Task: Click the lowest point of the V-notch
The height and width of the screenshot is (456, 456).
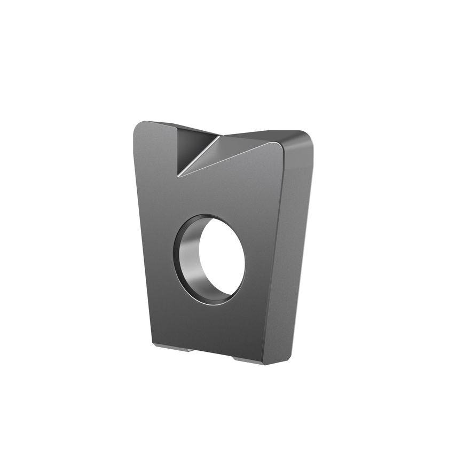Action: point(178,175)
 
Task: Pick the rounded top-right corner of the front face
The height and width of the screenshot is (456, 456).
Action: point(282,143)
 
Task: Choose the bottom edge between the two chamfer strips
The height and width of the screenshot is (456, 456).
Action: point(214,353)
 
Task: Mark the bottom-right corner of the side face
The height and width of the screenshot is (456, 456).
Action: point(291,358)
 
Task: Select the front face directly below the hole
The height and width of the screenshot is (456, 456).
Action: point(214,326)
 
